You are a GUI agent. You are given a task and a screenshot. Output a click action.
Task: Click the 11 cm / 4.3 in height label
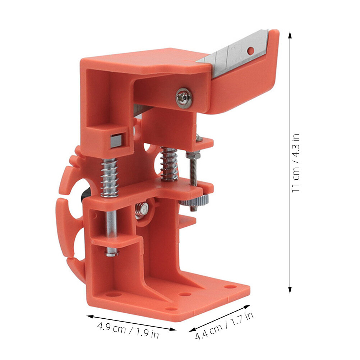pos(296,163)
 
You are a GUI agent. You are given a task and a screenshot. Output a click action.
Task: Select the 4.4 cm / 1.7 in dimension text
pos(224,326)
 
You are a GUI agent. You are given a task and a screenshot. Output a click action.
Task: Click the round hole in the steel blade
pos(251,51)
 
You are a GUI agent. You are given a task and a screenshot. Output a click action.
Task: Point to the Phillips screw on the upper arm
pos(184,98)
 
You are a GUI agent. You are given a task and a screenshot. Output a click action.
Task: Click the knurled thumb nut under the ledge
pos(194,201)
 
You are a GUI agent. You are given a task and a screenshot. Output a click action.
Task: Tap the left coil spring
pos(110,178)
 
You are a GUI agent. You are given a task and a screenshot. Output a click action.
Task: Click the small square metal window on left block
pos(116,141)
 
